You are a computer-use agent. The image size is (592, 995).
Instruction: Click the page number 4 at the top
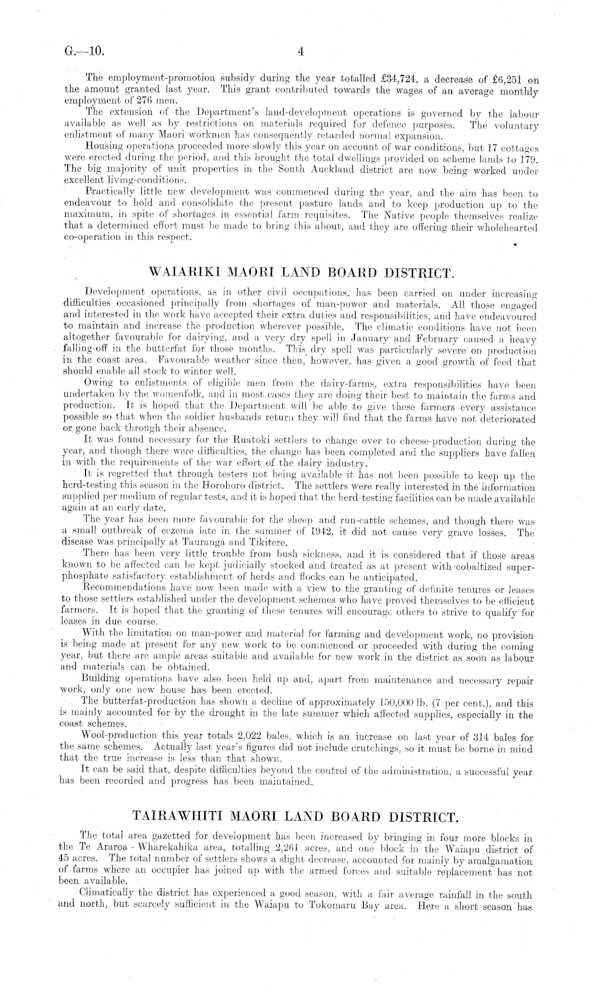click(301, 52)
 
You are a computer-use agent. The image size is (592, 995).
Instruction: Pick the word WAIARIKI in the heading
click(180, 274)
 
